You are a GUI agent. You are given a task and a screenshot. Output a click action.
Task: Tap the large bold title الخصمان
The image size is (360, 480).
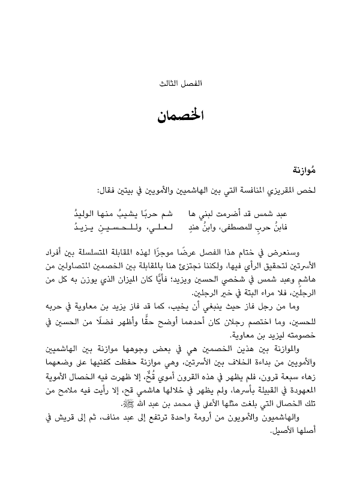coord(179,115)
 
